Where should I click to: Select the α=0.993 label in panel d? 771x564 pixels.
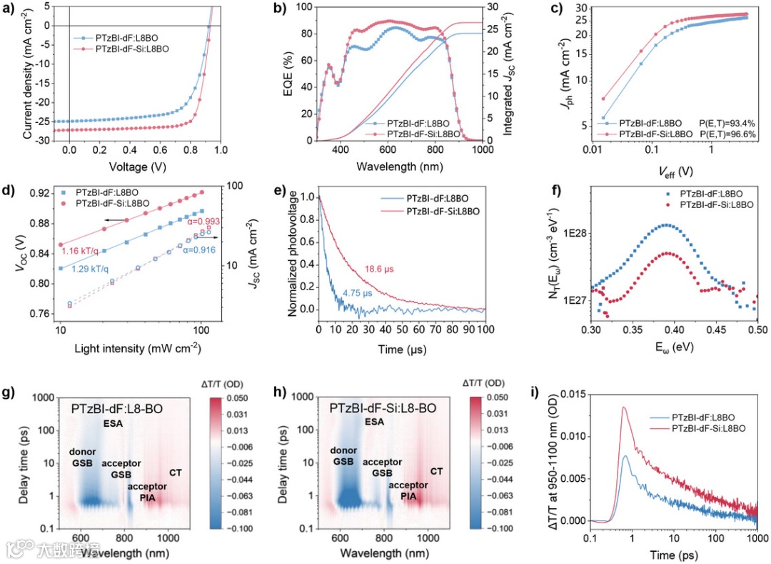click(186, 222)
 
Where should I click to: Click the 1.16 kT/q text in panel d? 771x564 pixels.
click(79, 252)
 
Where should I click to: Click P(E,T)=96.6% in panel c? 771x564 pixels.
click(723, 134)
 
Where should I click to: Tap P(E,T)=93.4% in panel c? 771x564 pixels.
click(723, 123)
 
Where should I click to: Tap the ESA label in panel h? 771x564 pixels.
click(374, 422)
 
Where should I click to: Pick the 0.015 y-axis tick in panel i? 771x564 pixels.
click(568, 393)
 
